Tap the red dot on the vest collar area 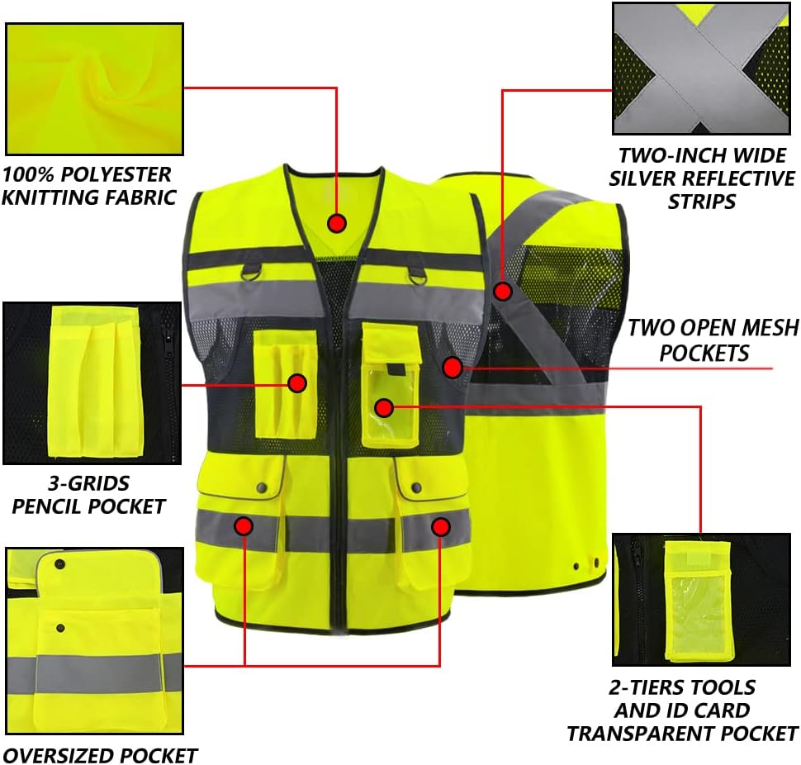click(x=336, y=223)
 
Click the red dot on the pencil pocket click(x=297, y=382)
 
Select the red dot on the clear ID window click(x=383, y=406)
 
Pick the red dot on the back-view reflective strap click(x=503, y=291)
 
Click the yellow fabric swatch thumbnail click(x=94, y=88)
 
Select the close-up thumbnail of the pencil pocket click(x=92, y=382)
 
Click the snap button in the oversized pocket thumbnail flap click(x=60, y=564)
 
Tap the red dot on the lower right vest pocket click(x=440, y=526)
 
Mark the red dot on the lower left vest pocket click(x=244, y=525)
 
